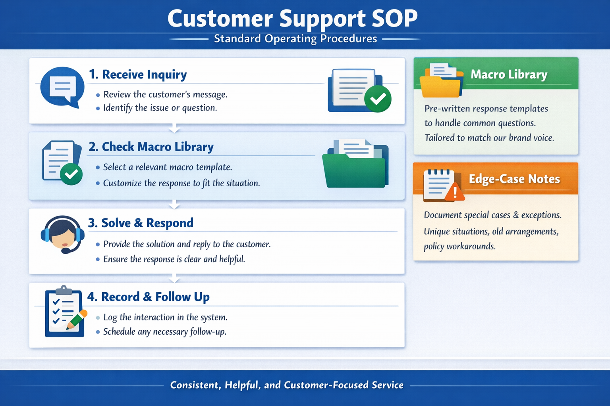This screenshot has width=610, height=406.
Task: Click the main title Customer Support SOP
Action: [292, 18]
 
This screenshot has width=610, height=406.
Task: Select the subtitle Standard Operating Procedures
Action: [295, 39]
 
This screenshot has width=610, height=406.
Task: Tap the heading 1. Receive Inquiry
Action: [138, 75]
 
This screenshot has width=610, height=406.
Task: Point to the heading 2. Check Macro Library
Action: [151, 147]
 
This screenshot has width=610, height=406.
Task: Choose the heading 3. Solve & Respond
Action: [141, 223]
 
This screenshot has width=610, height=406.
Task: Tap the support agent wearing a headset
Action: [62, 234]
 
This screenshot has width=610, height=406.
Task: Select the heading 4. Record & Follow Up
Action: [149, 297]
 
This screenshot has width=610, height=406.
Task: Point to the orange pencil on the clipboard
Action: [77, 319]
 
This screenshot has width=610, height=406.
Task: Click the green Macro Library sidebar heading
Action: [509, 75]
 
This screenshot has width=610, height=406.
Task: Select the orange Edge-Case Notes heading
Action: [514, 179]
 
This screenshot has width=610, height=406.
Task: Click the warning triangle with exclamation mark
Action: [455, 193]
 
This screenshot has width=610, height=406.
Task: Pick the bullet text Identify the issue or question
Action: [160, 108]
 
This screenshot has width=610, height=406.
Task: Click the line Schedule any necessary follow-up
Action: [165, 331]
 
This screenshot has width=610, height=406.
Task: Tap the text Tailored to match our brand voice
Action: [489, 138]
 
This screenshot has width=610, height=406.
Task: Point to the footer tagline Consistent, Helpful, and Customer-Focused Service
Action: [287, 385]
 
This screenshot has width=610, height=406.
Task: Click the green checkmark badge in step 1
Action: [378, 99]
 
